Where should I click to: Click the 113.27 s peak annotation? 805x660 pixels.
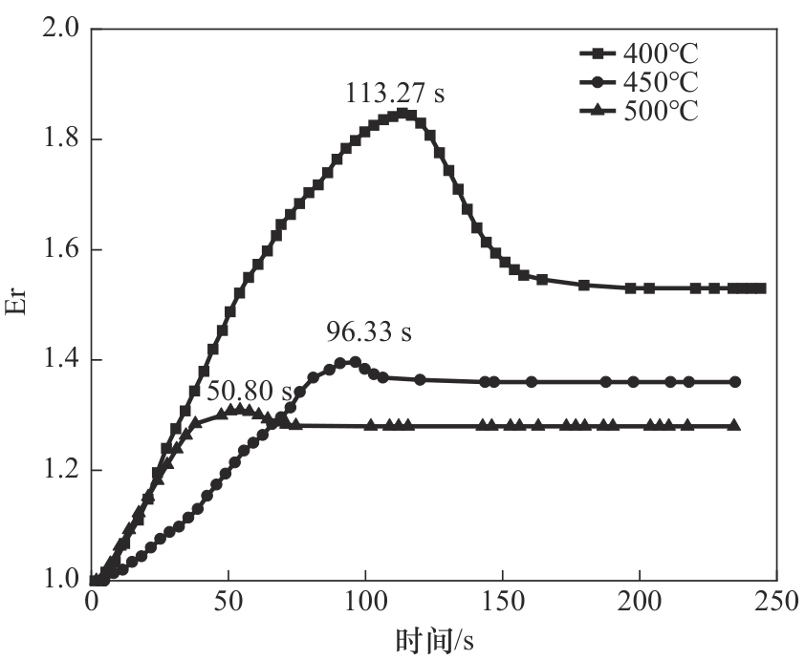click(x=395, y=95)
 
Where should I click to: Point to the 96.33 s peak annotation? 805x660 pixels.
click(x=368, y=332)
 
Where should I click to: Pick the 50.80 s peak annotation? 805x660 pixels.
click(x=249, y=391)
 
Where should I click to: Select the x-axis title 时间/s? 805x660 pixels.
click(x=432, y=638)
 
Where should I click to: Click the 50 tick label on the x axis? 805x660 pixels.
click(x=228, y=604)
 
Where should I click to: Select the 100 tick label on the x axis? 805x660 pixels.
click(x=365, y=604)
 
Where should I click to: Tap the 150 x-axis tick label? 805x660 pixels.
click(x=502, y=604)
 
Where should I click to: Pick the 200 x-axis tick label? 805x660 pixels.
click(x=639, y=604)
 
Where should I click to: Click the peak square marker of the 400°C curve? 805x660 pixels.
click(x=403, y=114)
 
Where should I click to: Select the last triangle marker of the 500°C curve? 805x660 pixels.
click(x=734, y=425)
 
